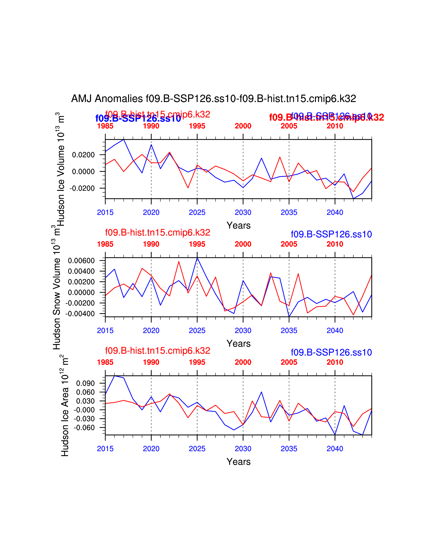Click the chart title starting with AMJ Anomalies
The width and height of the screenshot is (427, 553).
213,99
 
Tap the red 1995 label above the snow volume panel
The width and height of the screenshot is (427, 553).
197,244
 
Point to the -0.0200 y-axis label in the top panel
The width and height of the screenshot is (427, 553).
82,188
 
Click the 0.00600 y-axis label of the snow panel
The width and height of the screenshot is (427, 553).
81,261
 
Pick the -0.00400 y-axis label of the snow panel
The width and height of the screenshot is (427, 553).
80,314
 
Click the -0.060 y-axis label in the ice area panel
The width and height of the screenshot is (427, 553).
84,428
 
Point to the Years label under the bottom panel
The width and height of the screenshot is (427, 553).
239,462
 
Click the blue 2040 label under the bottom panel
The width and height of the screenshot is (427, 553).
335,449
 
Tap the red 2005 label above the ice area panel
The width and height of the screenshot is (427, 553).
289,362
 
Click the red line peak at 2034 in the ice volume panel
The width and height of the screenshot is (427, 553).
280,157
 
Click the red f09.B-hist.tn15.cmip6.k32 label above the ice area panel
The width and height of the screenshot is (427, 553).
158,351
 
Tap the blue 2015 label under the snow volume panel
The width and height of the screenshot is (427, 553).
105,330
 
